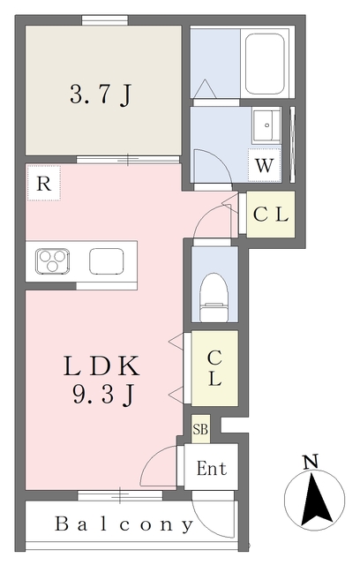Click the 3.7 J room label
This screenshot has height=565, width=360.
click(101, 95)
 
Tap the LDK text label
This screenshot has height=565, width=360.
click(101, 365)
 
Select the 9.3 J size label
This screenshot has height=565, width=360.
click(104, 394)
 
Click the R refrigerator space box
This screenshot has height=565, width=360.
click(43, 183)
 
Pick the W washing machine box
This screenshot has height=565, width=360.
click(264, 165)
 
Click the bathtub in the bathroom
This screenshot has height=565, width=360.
click(265, 64)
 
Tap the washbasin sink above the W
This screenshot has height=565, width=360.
click(266, 125)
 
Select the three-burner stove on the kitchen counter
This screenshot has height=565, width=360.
click(53, 260)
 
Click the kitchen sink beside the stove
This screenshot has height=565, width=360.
click(107, 261)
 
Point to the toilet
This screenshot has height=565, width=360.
click(214, 298)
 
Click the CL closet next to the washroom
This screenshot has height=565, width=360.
click(271, 215)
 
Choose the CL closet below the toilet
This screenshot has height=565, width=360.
click(214, 368)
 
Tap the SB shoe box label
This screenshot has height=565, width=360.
click(200, 429)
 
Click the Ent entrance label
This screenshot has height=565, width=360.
click(212, 469)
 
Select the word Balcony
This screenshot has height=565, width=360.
click(124, 524)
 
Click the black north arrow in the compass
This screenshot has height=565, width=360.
click(317, 500)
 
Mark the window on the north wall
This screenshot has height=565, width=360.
click(105, 20)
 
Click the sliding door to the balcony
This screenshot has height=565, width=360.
click(120, 495)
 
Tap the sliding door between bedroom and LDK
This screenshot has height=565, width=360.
click(128, 160)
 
